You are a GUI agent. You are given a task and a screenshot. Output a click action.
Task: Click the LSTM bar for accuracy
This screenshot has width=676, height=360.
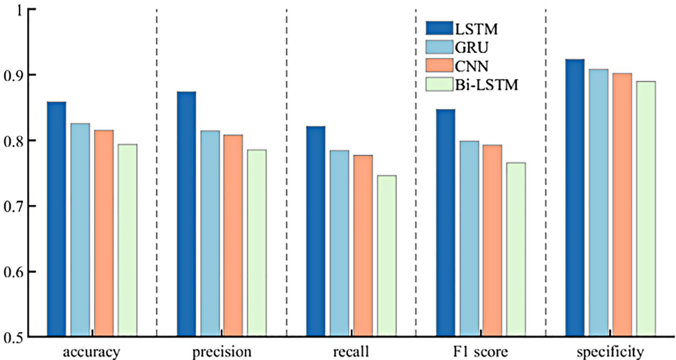coord(57,219)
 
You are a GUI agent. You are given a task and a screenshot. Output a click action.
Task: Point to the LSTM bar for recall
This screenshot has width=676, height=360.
coord(315,232)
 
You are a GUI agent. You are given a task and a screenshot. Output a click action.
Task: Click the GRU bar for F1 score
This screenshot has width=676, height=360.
coord(469,239)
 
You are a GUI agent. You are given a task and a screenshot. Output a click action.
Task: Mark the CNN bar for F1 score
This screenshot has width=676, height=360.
coord(493,241)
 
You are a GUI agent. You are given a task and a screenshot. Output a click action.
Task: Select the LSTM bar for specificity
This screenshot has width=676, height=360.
coord(575,198)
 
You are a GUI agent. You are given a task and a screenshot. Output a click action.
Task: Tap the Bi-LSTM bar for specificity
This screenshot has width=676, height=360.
coord(646,209)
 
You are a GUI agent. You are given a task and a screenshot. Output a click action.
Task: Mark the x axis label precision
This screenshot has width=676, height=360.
coord(221,351)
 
